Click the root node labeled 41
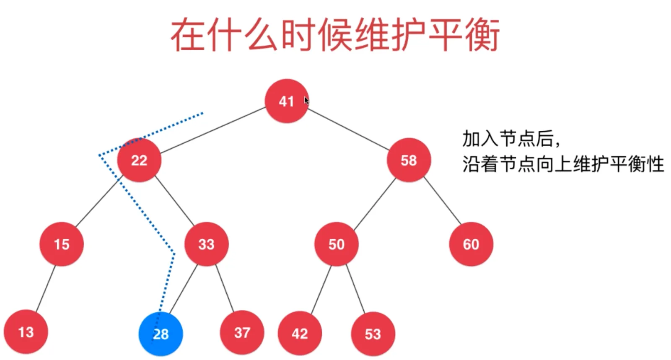(287, 101)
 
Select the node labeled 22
(139, 160)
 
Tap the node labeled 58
(409, 160)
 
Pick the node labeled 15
(62, 244)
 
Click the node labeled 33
(206, 244)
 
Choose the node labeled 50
(337, 244)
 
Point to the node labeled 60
(471, 244)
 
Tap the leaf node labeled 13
(26, 332)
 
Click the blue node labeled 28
(161, 334)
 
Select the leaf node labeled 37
(242, 333)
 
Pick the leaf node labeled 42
(300, 334)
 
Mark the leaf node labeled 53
(373, 334)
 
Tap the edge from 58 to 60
(443, 201)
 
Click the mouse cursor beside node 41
(306, 101)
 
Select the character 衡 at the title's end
(482, 35)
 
